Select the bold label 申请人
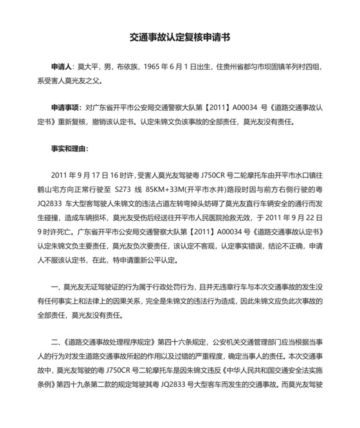pyautogui.click(x=64, y=67)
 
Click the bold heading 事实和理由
pyautogui.click(x=70, y=147)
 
